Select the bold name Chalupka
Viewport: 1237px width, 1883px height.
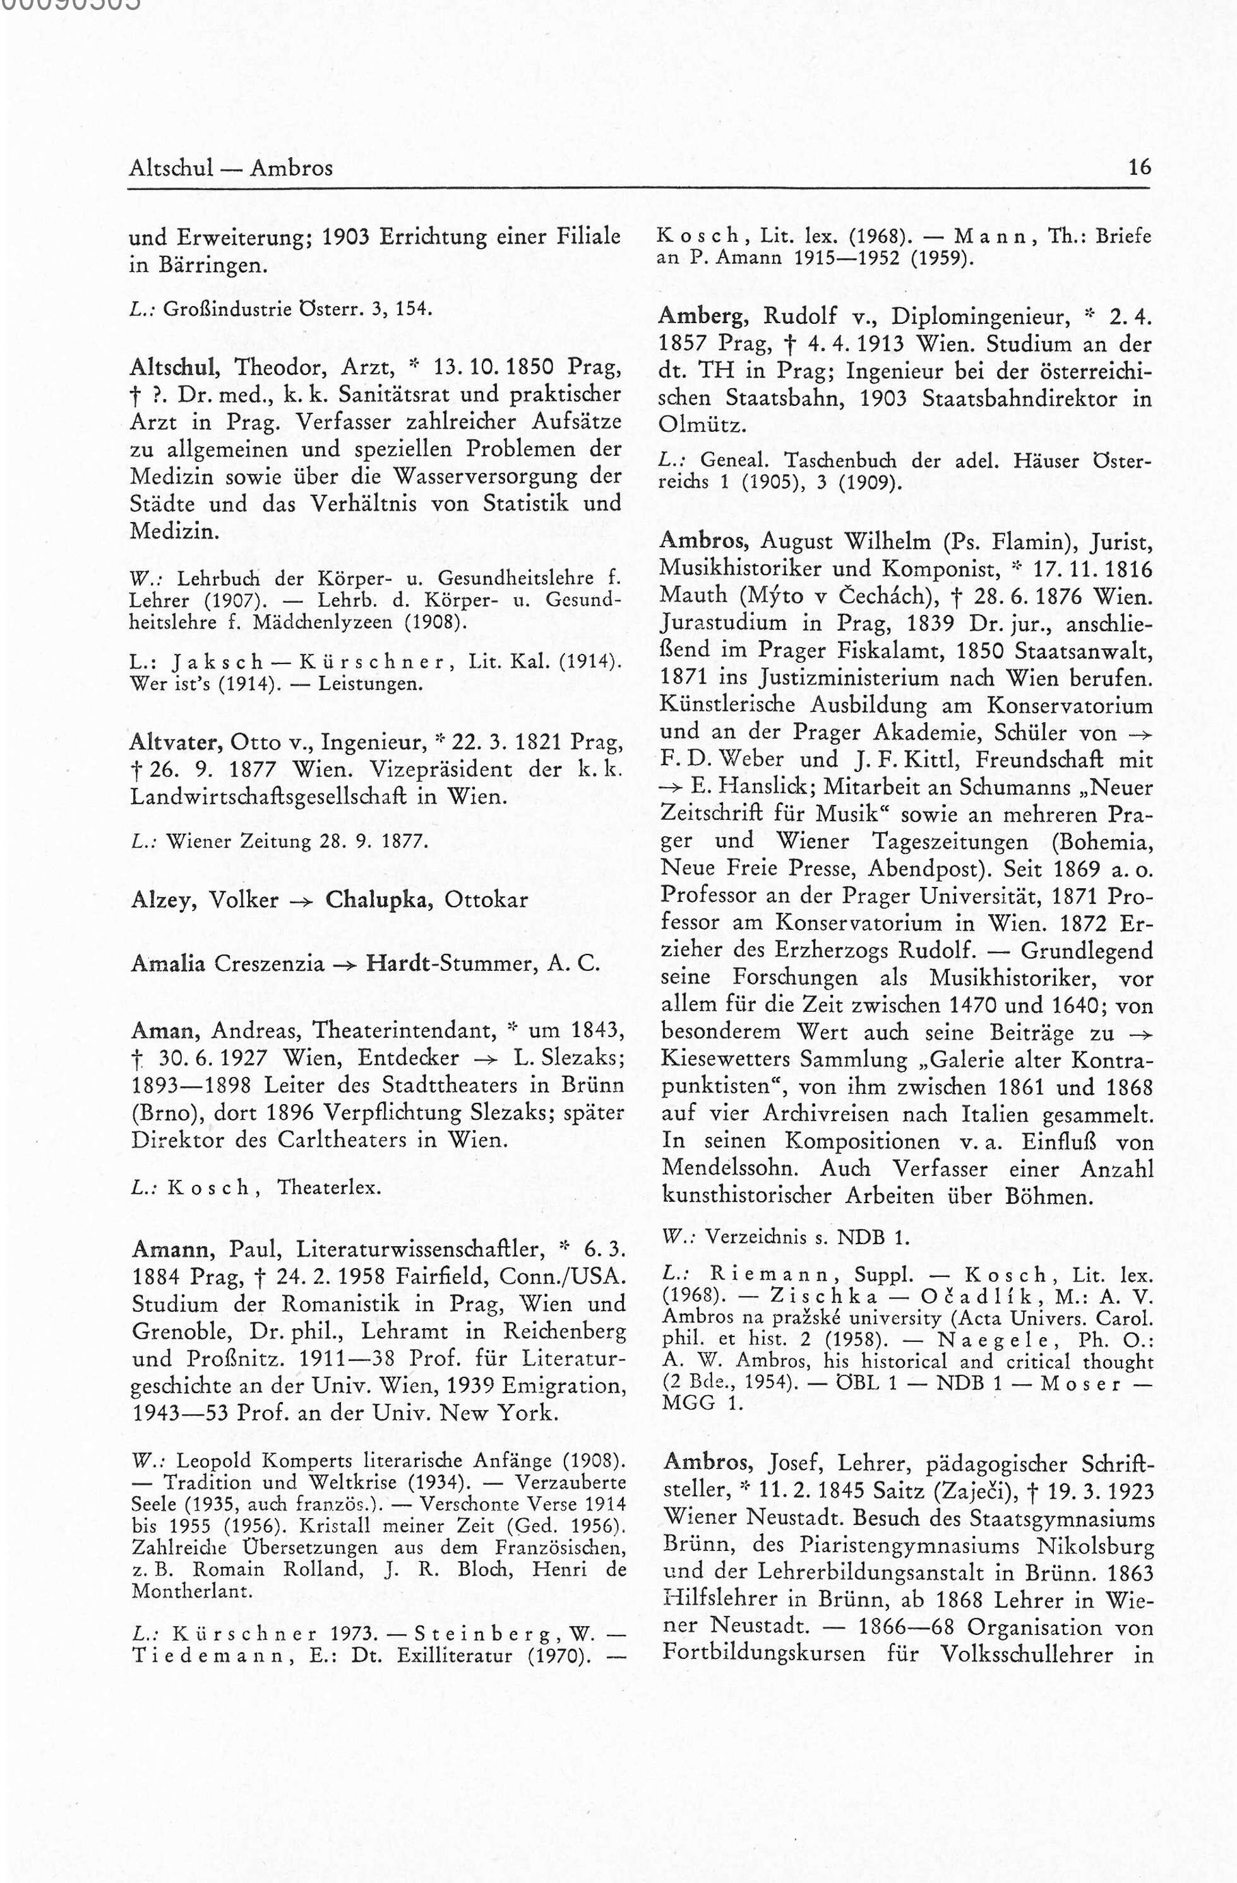(378, 900)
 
